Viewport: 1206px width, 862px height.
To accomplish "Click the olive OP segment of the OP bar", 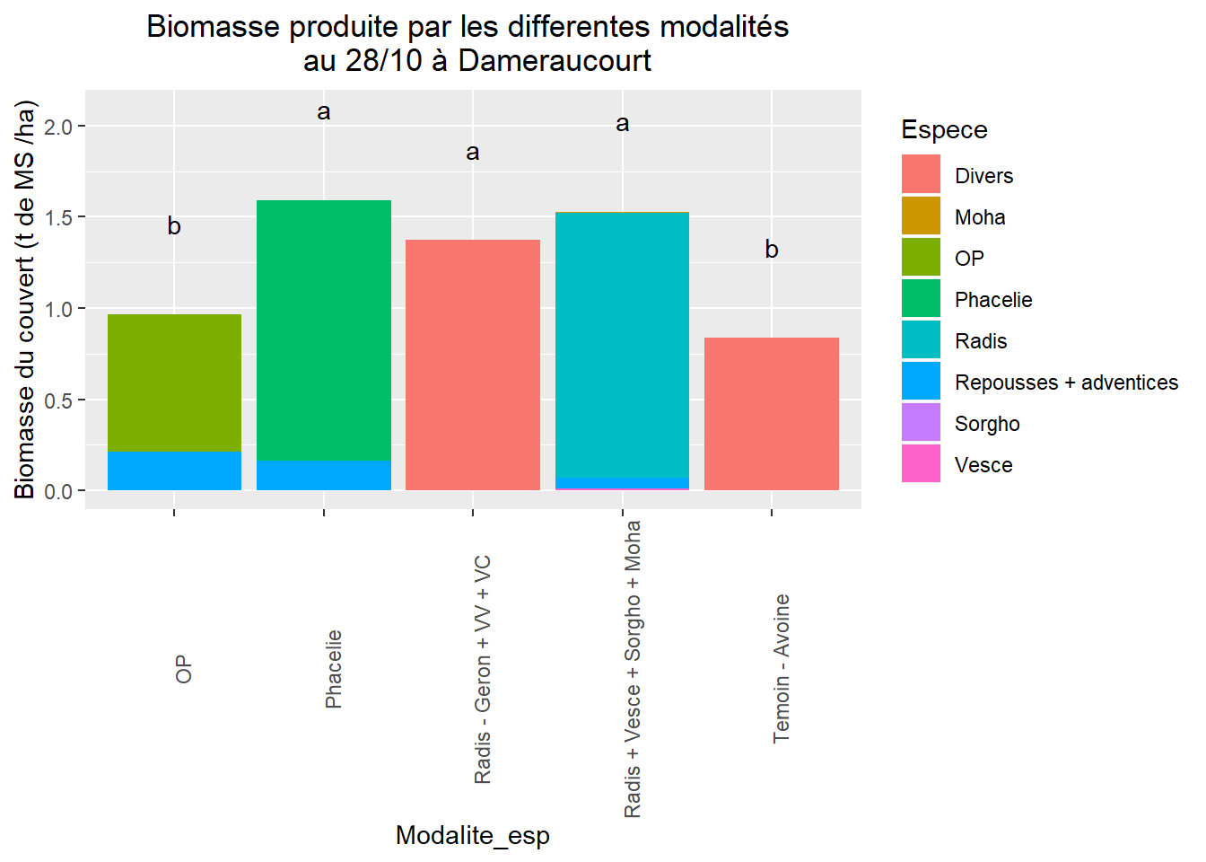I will (x=174, y=383).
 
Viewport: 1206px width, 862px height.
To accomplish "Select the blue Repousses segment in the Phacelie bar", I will (x=323, y=476).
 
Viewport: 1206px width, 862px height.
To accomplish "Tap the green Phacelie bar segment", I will (x=323, y=330).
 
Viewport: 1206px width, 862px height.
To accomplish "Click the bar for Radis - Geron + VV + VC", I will (x=473, y=365).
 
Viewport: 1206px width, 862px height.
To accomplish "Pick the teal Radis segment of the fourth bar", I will (x=622, y=346).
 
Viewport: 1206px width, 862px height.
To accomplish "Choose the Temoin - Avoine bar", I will (x=772, y=414).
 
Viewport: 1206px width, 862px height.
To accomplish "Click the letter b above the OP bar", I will (x=174, y=227).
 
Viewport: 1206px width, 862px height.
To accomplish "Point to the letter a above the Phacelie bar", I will (x=324, y=112).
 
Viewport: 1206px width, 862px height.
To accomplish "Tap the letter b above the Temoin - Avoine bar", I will (x=772, y=250).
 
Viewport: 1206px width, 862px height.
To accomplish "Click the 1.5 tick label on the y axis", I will (x=58, y=218).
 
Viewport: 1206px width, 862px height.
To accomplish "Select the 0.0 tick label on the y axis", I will (x=58, y=492).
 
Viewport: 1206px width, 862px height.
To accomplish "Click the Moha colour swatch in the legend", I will (x=921, y=215).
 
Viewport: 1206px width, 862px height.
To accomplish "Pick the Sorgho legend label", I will (x=987, y=424).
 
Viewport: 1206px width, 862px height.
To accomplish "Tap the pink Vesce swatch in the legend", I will (x=921, y=463).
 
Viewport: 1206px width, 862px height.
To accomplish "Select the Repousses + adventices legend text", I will (x=1066, y=383).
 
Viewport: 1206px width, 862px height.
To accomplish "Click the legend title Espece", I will (x=944, y=130).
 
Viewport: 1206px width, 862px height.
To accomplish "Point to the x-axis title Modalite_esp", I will (x=473, y=835).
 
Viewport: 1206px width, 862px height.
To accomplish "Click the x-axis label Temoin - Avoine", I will (x=782, y=668).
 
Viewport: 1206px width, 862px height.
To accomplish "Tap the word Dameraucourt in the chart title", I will (x=555, y=61).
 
